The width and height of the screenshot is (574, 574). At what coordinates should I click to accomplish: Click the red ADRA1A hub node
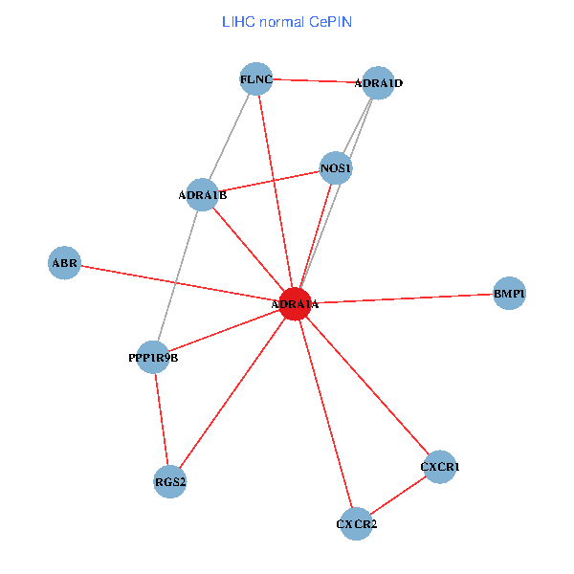(x=295, y=303)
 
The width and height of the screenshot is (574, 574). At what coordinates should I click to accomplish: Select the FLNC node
(x=256, y=80)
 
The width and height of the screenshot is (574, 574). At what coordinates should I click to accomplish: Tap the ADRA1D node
(x=379, y=83)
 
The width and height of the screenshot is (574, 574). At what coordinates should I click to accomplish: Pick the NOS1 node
(x=337, y=168)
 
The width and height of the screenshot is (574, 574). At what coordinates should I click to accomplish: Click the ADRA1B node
(x=203, y=195)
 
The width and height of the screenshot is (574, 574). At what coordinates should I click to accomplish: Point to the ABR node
(x=65, y=262)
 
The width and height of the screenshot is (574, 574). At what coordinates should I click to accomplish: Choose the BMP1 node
(x=509, y=294)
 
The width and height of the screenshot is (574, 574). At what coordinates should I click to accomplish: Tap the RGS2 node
(x=170, y=481)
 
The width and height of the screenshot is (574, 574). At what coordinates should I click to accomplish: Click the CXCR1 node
(x=440, y=467)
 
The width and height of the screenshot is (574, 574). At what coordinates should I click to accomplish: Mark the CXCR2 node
(x=356, y=524)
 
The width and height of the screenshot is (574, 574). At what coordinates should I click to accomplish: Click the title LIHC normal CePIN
(x=286, y=20)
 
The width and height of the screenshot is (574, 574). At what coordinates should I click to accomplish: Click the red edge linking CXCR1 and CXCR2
(x=398, y=496)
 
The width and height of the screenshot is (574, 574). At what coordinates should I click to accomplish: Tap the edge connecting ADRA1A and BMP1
(x=402, y=298)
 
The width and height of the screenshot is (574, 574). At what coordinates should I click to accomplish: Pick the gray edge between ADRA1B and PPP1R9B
(x=178, y=276)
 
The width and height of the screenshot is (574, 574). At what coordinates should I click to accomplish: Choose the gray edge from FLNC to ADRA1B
(x=230, y=138)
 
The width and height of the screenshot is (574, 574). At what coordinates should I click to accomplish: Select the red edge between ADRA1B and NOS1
(x=270, y=182)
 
